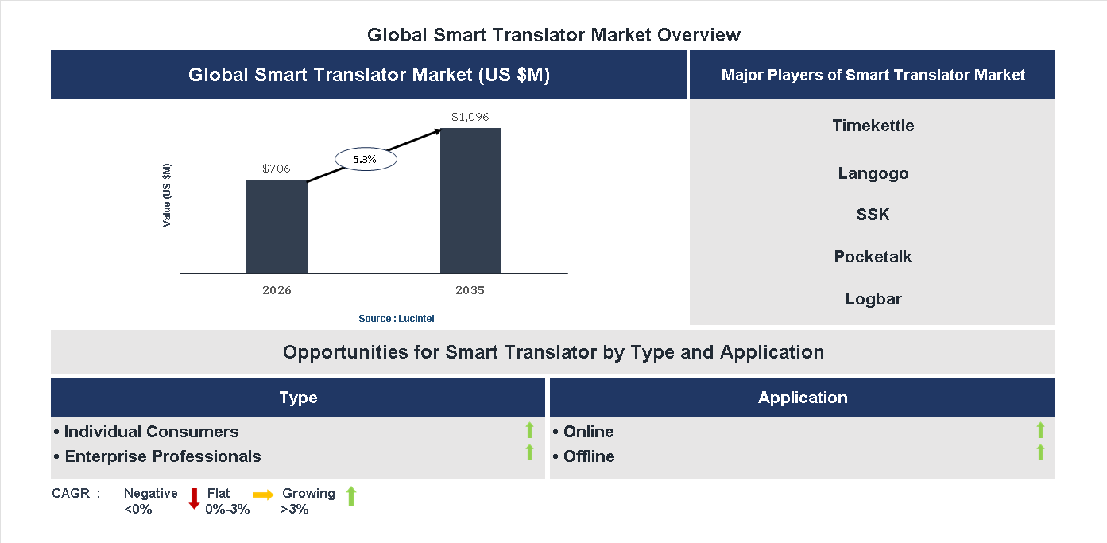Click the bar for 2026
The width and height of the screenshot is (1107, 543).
pyautogui.click(x=277, y=227)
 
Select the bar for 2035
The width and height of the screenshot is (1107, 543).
pyautogui.click(x=470, y=201)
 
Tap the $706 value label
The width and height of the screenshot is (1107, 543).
pyautogui.click(x=277, y=169)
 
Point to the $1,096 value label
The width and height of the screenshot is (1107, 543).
pyautogui.click(x=470, y=117)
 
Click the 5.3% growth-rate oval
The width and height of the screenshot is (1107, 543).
pyautogui.click(x=365, y=160)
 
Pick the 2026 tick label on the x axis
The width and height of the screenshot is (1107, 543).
pyautogui.click(x=277, y=290)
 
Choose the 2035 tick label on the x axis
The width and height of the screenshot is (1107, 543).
pyautogui.click(x=470, y=290)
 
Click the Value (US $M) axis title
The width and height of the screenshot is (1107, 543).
pyautogui.click(x=167, y=195)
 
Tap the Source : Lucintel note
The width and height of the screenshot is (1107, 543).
pyautogui.click(x=397, y=319)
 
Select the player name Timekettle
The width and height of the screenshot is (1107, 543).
pyautogui.click(x=873, y=126)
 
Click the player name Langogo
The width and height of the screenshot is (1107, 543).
pyautogui.click(x=873, y=173)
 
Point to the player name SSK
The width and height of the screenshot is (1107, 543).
pyautogui.click(x=873, y=215)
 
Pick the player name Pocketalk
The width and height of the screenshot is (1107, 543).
pyautogui.click(x=873, y=257)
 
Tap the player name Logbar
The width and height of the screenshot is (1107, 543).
pyautogui.click(x=873, y=299)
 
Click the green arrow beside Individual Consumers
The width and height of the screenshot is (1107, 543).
pyautogui.click(x=529, y=431)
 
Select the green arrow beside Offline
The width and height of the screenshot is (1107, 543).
pyautogui.click(x=1040, y=453)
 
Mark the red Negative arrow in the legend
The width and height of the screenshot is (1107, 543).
pyautogui.click(x=194, y=498)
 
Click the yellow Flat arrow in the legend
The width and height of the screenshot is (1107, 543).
pyautogui.click(x=263, y=494)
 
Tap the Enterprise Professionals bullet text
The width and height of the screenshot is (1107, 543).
pyautogui.click(x=162, y=456)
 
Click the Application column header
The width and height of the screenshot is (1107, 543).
pyautogui.click(x=803, y=398)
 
